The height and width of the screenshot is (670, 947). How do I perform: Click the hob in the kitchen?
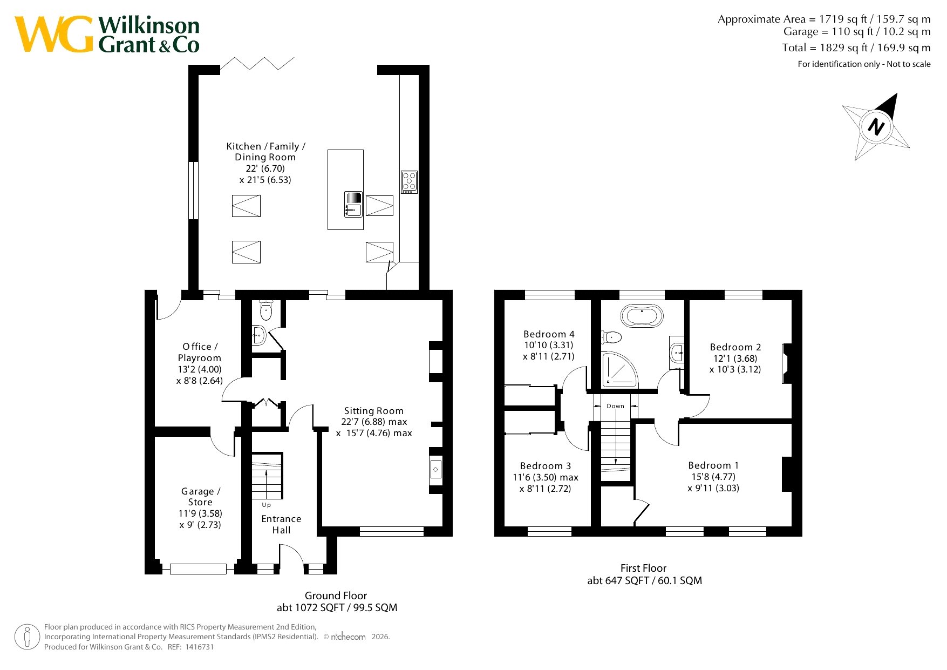tap(409, 182)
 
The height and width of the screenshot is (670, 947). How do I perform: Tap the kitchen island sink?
tap(353, 204)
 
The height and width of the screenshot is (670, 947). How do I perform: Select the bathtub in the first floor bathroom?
tap(642, 316)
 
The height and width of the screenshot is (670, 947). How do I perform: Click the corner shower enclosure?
tap(619, 370)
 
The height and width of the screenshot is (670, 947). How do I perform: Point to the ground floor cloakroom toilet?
tap(266, 310)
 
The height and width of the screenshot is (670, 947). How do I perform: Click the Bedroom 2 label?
tap(735, 347)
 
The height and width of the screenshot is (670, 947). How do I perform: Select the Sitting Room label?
tap(374, 411)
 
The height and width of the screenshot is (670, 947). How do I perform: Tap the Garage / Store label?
tap(201, 497)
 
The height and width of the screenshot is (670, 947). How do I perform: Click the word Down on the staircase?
tap(616, 406)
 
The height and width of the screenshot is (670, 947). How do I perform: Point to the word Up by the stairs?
tap(267, 505)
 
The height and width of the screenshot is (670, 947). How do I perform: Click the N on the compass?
tap(876, 127)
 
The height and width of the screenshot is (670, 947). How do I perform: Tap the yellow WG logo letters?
tap(54, 34)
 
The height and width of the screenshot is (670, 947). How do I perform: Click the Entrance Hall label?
tap(281, 524)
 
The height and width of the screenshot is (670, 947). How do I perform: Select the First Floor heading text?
tap(643, 568)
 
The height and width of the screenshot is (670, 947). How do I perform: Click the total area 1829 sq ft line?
tap(856, 48)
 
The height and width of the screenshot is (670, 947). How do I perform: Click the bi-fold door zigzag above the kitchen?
tap(257, 63)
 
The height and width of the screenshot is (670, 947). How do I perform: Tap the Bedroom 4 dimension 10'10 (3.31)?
tap(549, 345)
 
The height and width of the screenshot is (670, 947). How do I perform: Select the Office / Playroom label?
tap(200, 352)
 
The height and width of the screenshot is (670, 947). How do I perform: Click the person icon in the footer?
tap(27, 637)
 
